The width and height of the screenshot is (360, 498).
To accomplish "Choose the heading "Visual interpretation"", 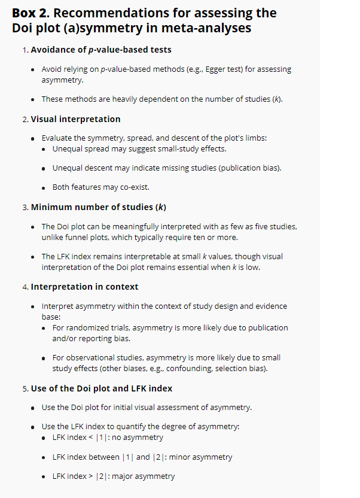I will [75, 119].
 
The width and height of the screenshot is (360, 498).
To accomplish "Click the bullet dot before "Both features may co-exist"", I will [45, 187].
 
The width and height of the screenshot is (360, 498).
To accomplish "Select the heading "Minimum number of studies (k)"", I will [98, 207].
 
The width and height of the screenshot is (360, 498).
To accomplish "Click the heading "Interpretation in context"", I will [84, 287].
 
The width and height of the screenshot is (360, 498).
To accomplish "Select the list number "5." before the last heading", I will [26, 388].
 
